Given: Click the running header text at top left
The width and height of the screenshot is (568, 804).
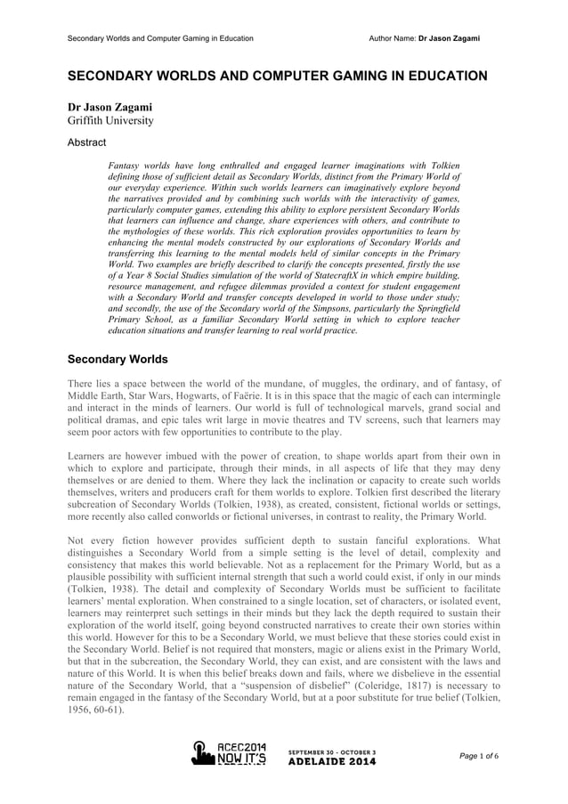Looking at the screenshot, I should (x=160, y=38).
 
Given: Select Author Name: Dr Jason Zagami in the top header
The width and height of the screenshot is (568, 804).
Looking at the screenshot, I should (x=425, y=38).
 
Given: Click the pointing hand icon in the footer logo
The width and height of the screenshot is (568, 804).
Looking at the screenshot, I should (x=202, y=755).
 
